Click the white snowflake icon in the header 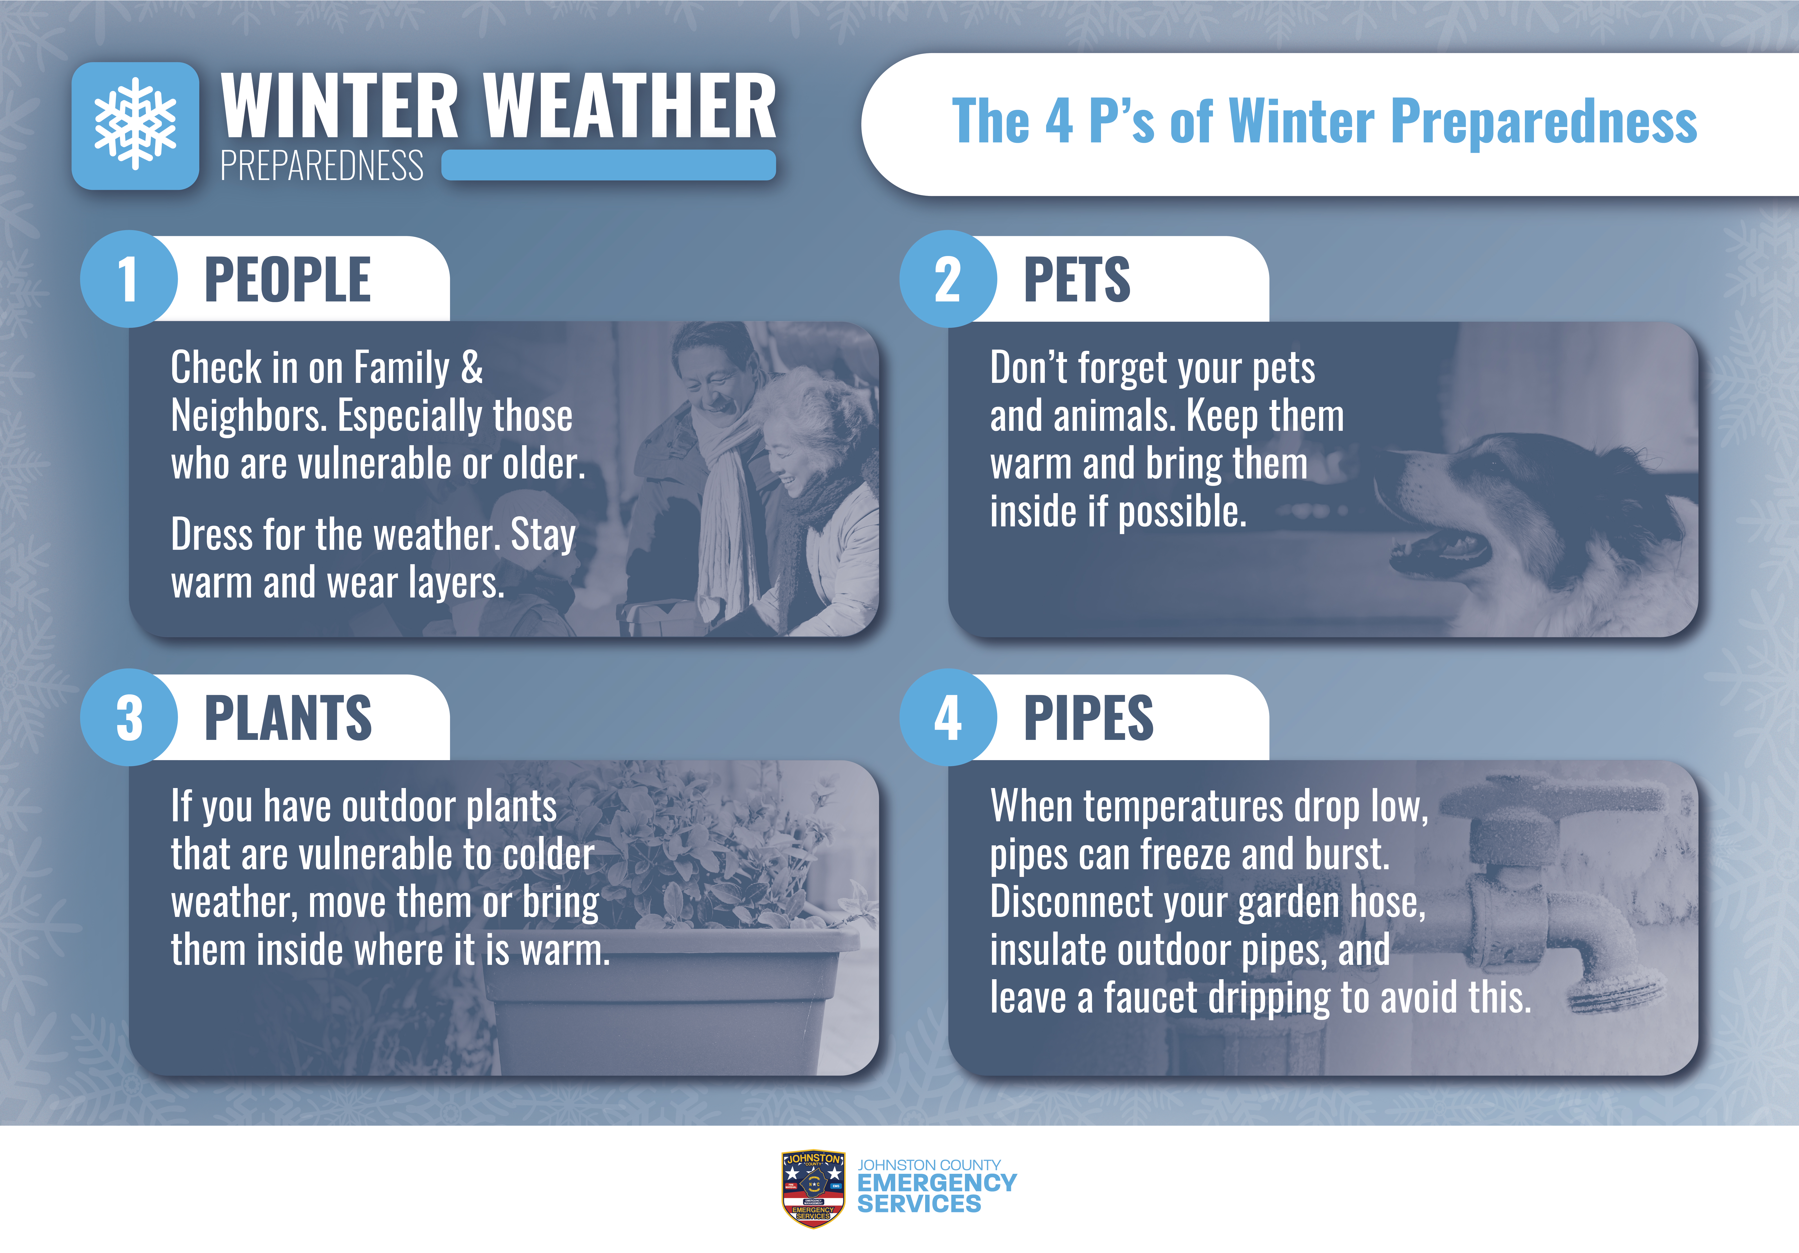[x=136, y=124]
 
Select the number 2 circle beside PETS [x=948, y=279]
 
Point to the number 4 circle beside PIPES [x=948, y=717]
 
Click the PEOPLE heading [x=288, y=280]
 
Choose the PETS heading [x=1077, y=280]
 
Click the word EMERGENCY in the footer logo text [x=937, y=1182]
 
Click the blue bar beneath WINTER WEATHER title [x=609, y=165]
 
